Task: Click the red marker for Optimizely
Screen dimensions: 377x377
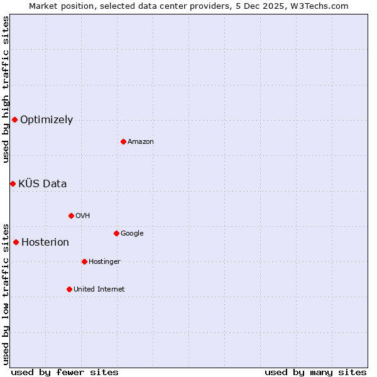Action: (14, 119)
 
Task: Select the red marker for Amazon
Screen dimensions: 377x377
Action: (123, 141)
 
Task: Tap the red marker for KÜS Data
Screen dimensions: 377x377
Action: (13, 183)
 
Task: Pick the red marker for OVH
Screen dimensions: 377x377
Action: (71, 216)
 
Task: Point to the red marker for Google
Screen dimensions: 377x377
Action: (116, 233)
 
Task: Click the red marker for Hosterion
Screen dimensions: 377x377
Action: (16, 242)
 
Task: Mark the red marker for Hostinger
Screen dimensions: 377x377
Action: (84, 261)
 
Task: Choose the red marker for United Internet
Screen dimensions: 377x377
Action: (69, 289)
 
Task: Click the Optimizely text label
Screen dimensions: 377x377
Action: (46, 120)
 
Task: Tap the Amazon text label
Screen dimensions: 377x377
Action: (141, 142)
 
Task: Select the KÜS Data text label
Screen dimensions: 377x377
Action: (43, 184)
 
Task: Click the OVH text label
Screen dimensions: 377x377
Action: (82, 216)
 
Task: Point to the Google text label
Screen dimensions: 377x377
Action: (132, 234)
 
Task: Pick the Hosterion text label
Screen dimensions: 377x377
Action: (45, 243)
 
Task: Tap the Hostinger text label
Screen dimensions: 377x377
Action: (104, 262)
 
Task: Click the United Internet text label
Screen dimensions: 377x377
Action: (99, 290)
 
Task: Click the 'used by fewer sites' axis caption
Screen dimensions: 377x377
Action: (65, 373)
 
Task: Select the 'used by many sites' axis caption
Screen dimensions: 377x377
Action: (315, 373)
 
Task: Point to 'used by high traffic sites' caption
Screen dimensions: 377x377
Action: (6, 89)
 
